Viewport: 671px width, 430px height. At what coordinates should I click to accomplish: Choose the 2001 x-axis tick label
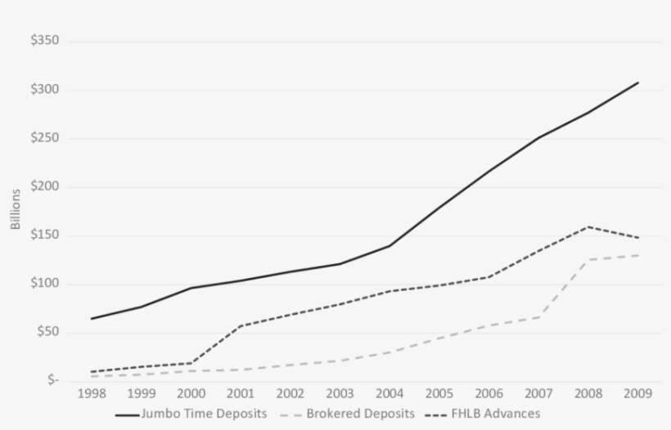[240, 394]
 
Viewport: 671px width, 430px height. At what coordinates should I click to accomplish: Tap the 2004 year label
[390, 394]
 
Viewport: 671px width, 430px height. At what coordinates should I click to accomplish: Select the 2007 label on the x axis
[538, 394]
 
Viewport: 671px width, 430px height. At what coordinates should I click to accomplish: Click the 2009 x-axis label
[637, 394]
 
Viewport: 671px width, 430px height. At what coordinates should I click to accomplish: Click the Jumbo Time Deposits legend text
[204, 414]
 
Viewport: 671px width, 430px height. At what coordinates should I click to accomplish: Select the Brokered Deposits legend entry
[360, 414]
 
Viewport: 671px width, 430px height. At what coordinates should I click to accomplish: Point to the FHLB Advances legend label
[495, 414]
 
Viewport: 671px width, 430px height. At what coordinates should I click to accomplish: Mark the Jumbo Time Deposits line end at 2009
[637, 83]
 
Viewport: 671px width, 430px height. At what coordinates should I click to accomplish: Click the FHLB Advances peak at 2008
[588, 226]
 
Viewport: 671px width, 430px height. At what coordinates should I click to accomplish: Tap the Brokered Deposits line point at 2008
[588, 260]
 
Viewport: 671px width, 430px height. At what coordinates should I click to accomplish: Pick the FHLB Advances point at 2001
[240, 326]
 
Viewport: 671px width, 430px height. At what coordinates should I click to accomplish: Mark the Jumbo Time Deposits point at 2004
[390, 245]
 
